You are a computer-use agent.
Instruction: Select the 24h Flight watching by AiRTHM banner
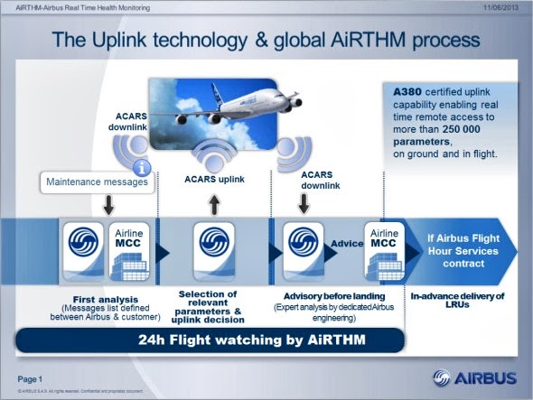pos(207,340)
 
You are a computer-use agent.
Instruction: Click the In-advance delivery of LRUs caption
pos(458,301)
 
